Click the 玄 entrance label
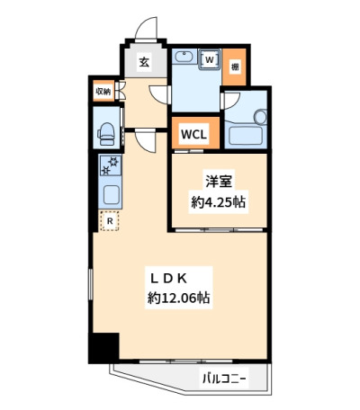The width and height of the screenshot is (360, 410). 144,62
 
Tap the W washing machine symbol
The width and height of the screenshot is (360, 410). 210,59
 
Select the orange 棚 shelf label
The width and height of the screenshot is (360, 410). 235,67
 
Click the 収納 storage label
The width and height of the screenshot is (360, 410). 103,91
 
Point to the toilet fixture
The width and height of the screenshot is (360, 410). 105,134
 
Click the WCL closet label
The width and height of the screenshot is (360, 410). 193,134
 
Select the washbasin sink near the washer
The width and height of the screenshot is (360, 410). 183,57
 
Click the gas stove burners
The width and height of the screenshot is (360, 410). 110,165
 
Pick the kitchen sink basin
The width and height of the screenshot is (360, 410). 111,193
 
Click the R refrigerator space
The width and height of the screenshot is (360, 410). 110,221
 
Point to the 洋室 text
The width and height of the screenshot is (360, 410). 219,181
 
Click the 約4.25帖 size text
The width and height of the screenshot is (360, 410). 219,202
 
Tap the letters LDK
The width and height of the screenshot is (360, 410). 169,279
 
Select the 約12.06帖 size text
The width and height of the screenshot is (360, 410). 178,298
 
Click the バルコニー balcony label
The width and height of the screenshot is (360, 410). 224,379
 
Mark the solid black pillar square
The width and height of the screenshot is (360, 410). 103,348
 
